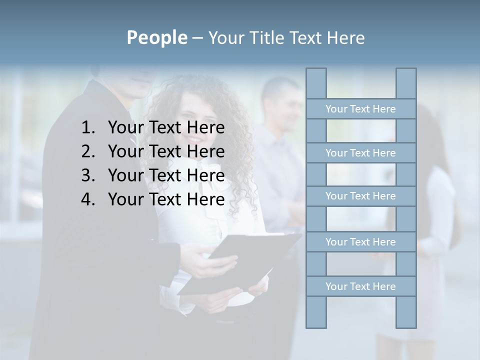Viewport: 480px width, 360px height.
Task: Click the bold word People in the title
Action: pos(156,37)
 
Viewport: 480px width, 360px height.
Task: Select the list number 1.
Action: pos(88,128)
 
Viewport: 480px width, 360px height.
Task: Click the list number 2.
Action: pos(88,151)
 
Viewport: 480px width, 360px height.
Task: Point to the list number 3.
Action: pos(88,175)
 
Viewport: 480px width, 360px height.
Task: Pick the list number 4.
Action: pos(88,199)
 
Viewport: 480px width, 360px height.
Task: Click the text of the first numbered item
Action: pos(166,128)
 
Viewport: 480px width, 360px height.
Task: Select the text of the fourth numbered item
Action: pos(166,199)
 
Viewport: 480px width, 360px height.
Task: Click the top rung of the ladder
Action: pos(360,109)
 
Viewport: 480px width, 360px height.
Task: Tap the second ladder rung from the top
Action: pos(360,153)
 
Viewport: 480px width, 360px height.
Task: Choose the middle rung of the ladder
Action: pos(360,196)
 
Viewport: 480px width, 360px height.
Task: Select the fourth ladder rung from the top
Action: pos(360,242)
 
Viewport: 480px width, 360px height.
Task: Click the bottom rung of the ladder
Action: pos(360,286)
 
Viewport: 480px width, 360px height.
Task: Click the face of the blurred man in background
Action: pos(284,106)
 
